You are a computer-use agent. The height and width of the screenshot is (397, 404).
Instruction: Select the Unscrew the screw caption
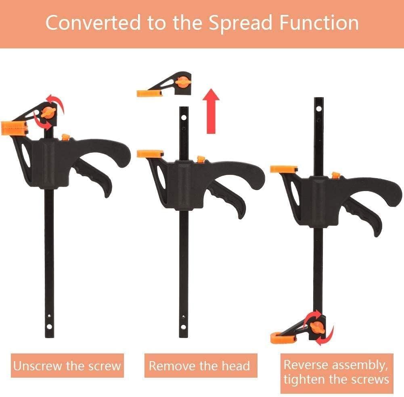click(67, 366)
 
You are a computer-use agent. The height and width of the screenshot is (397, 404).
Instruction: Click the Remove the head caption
click(199, 366)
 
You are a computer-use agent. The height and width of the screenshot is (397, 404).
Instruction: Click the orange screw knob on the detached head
click(183, 82)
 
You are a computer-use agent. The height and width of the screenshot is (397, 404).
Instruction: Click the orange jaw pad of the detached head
click(149, 94)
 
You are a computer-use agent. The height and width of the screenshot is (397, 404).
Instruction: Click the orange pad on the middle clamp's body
click(150, 154)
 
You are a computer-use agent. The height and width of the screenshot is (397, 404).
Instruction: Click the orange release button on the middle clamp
click(200, 159)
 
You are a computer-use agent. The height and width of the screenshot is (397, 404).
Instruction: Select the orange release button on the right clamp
click(335, 175)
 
